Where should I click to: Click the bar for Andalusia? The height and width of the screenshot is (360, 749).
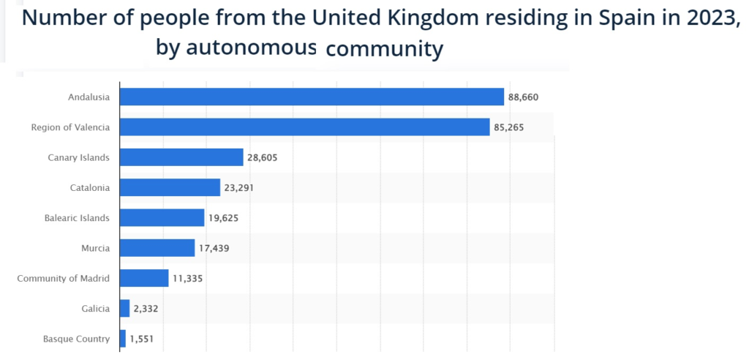pyautogui.click(x=312, y=97)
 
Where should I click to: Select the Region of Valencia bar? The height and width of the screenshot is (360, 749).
pyautogui.click(x=304, y=127)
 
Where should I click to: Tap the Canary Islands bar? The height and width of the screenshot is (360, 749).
pyautogui.click(x=181, y=157)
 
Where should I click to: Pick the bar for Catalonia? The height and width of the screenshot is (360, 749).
pyautogui.click(x=170, y=187)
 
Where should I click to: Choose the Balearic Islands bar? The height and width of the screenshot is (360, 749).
pyautogui.click(x=162, y=217)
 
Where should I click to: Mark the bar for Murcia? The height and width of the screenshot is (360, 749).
pyautogui.click(x=157, y=248)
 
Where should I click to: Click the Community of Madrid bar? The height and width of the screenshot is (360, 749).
pyautogui.click(x=144, y=278)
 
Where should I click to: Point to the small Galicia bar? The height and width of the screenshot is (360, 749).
pyautogui.click(x=124, y=308)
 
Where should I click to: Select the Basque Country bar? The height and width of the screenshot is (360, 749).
pyautogui.click(x=123, y=339)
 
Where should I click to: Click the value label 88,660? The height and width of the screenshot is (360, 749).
pyautogui.click(x=524, y=97)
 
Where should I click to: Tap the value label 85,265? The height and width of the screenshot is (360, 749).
pyautogui.click(x=509, y=127)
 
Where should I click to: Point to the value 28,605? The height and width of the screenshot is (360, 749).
pyautogui.click(x=263, y=157)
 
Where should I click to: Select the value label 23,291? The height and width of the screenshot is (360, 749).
pyautogui.click(x=240, y=188)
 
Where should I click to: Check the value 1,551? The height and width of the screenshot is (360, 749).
pyautogui.click(x=143, y=339)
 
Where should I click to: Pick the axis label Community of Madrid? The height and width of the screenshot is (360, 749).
pyautogui.click(x=63, y=278)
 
